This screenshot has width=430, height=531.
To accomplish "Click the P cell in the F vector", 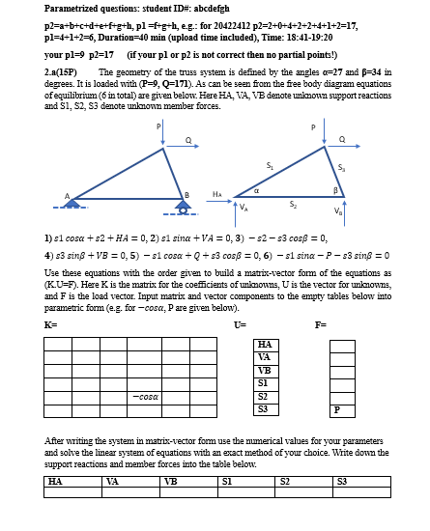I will [x=336, y=409].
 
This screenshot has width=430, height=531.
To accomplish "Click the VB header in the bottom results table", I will [x=171, y=480].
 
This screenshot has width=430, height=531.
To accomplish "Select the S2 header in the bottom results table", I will [x=285, y=480].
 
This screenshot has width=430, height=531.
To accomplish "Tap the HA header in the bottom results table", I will [x=56, y=480].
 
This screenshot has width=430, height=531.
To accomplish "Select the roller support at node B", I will [x=186, y=201].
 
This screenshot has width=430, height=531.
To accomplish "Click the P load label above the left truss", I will [x=158, y=126].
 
